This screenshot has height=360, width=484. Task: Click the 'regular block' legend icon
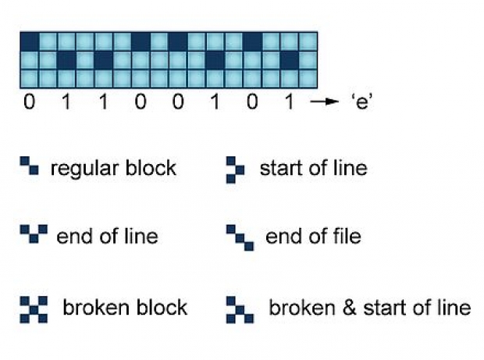[30, 166]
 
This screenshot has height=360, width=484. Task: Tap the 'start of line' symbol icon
[236, 170]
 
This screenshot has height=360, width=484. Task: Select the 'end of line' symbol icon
[34, 233]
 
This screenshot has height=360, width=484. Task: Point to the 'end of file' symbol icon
[240, 238]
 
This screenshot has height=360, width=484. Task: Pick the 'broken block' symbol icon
[34, 309]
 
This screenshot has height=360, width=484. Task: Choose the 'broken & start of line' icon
[240, 310]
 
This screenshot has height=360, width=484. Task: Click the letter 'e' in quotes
[362, 102]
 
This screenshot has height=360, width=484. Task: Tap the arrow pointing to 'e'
[325, 102]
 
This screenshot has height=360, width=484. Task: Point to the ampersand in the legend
[349, 308]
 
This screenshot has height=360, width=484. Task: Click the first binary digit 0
[30, 102]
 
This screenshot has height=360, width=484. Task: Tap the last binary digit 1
[289, 102]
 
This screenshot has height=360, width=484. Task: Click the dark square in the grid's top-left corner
[30, 41]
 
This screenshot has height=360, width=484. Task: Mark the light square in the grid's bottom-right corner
[308, 79]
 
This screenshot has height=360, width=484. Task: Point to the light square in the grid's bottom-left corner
[30, 79]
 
